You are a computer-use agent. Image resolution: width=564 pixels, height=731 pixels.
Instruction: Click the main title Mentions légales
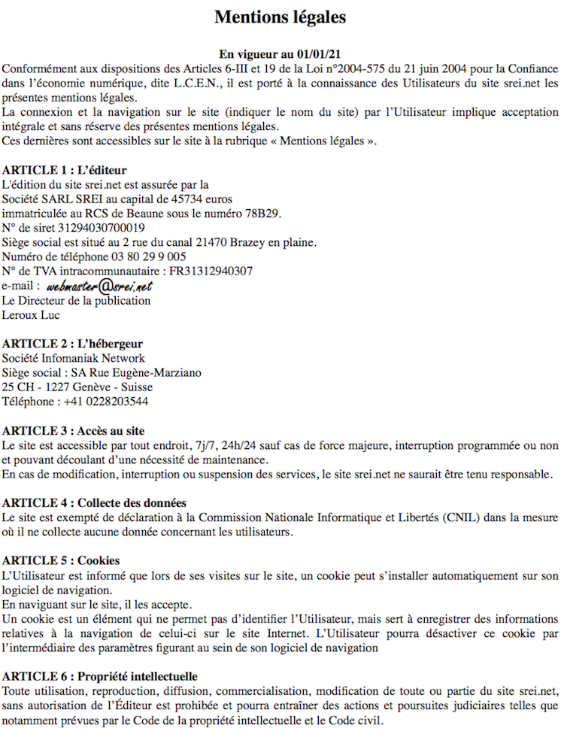[280, 16]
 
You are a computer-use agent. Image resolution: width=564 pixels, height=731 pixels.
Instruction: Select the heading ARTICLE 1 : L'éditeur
[64, 169]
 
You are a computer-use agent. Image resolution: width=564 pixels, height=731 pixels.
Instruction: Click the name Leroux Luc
[31, 315]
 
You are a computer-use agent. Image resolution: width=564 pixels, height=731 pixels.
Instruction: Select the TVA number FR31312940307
[211, 271]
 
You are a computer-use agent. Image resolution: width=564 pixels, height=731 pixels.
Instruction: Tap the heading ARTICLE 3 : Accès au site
[73, 431]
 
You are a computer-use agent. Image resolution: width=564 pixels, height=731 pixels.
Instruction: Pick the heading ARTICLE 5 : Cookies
[61, 561]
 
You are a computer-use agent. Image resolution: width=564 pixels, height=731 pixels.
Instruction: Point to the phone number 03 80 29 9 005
[147, 256]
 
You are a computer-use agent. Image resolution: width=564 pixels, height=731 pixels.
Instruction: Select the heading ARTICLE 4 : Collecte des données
[94, 503]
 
